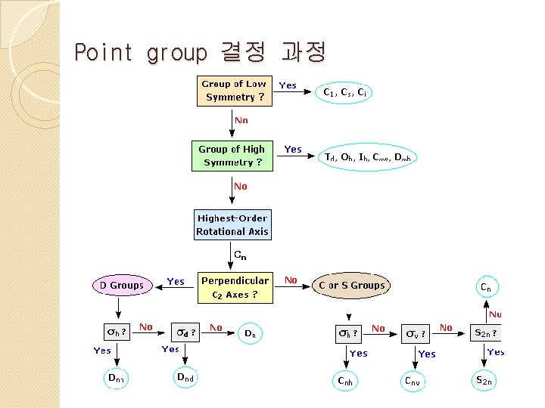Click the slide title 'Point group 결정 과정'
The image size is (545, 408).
[x=200, y=53]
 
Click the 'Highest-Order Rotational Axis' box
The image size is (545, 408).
[x=232, y=225]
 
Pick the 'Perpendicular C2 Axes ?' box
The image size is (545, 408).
[x=235, y=287]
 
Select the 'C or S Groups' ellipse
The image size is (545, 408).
[x=352, y=286]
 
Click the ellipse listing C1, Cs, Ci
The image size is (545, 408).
[x=345, y=93]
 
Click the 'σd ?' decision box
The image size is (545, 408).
[x=185, y=332]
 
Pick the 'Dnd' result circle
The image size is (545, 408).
[x=185, y=377]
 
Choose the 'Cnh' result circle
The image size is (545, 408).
[x=345, y=382]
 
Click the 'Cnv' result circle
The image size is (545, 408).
[x=411, y=382]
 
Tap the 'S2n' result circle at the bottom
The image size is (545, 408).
[x=483, y=382]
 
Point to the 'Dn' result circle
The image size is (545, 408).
[x=251, y=332]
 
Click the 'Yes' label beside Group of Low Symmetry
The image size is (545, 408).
[x=288, y=85]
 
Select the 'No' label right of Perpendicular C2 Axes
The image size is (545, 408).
[x=291, y=280]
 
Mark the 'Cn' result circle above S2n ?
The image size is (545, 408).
[x=486, y=287]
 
